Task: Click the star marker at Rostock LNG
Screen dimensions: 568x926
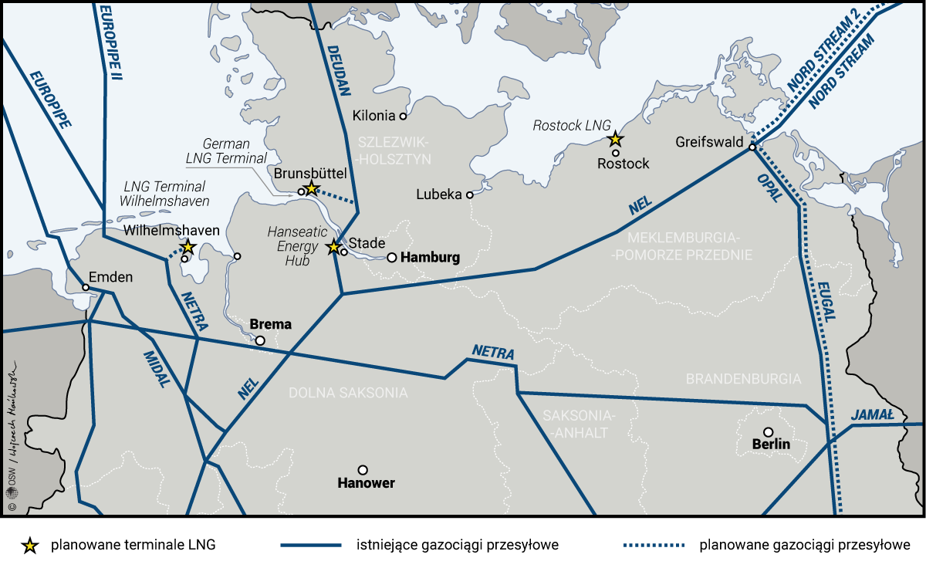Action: (615, 140)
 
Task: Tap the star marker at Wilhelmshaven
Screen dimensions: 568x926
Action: (188, 247)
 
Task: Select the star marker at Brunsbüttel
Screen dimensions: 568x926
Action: (311, 188)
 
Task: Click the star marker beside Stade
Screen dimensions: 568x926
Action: (333, 247)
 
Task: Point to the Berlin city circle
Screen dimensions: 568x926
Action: (768, 432)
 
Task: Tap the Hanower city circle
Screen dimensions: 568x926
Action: (363, 469)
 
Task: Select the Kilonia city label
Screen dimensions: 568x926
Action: (373, 116)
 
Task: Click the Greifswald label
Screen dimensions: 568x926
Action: (709, 143)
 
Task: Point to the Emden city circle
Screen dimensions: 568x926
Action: (86, 288)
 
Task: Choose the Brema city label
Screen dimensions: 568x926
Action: (271, 324)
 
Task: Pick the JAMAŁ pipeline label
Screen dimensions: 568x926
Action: (872, 415)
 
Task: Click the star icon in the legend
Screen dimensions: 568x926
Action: (30, 546)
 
